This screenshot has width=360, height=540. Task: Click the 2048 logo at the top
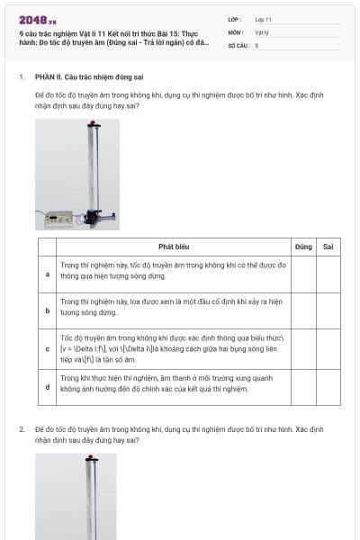(x=37, y=19)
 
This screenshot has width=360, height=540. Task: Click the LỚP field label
(x=235, y=19)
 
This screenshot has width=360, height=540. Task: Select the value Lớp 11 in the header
(x=263, y=19)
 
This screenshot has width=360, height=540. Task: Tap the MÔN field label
(x=236, y=31)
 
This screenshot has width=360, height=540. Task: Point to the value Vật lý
(x=263, y=31)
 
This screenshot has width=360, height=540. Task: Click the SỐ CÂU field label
(x=238, y=44)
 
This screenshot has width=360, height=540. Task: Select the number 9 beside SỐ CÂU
(x=256, y=44)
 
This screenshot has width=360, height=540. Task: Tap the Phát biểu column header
(x=174, y=246)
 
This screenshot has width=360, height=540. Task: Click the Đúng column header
(x=303, y=246)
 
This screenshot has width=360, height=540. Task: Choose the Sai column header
(x=328, y=246)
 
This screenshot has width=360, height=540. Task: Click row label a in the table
(x=48, y=274)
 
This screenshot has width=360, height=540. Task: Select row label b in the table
(x=48, y=310)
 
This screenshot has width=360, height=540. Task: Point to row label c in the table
(x=48, y=348)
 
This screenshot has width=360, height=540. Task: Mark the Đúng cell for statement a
(x=303, y=274)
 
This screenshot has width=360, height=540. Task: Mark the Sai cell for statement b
(x=328, y=310)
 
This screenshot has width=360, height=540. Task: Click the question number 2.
(x=22, y=428)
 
